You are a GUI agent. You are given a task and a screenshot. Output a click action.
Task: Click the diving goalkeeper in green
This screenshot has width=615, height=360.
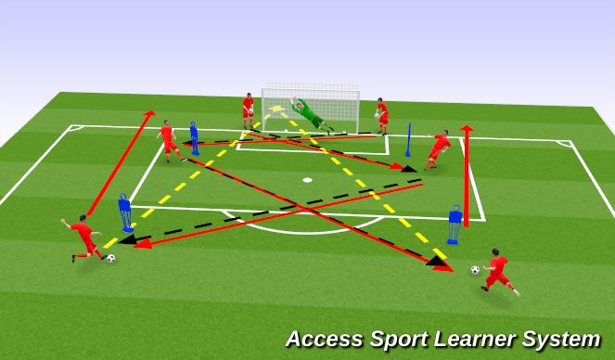coord(307,113)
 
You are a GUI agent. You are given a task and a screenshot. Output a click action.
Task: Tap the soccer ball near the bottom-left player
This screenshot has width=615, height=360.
coord(110,258)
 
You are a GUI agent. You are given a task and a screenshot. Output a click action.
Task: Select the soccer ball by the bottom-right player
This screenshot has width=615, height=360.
coord(475,270)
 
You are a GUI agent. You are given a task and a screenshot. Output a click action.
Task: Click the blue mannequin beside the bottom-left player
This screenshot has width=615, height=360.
coord(126,213)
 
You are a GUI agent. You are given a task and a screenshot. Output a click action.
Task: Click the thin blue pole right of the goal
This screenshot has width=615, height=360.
coord(408,141)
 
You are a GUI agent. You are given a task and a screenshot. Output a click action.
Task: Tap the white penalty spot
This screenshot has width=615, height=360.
coord(307,179)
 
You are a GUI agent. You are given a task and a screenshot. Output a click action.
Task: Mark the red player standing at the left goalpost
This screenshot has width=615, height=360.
coord(248,109)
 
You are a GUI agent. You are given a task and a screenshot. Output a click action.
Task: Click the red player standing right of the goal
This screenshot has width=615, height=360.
coord(381,115)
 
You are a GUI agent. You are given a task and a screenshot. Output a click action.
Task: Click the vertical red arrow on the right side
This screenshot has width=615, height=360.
coord(467,176)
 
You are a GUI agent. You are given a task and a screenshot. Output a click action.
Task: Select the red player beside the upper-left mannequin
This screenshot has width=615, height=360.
coord(168,139)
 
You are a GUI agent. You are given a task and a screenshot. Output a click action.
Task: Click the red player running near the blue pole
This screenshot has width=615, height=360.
coord(439,148)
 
